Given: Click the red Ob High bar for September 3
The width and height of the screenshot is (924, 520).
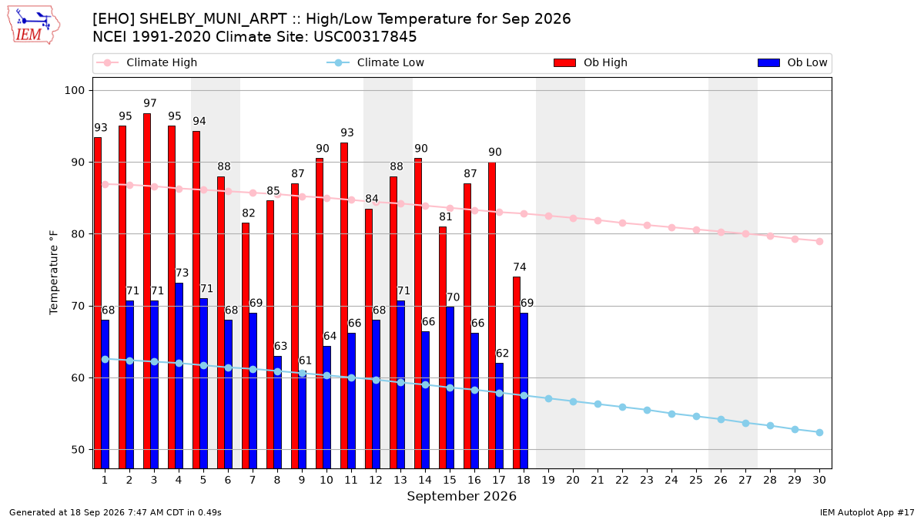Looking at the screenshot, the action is point(147,290).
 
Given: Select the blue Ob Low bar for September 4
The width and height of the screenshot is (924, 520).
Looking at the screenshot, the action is point(179,376).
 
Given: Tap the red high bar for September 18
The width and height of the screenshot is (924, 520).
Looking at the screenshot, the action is point(517,372).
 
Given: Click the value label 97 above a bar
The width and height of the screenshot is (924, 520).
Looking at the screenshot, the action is point(150,103).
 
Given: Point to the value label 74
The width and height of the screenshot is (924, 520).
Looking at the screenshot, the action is point(520,267).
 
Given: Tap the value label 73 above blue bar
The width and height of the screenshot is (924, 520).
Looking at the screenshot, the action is point(182,273).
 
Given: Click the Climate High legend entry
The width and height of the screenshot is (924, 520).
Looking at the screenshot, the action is point(147,62).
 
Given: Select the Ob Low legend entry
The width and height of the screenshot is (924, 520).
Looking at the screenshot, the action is point(792,62).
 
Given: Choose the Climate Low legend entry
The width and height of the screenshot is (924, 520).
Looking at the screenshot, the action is point(376,62).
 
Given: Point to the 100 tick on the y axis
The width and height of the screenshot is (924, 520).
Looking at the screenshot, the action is point(74,90).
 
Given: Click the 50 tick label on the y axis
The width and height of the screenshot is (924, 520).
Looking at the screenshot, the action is point(78,449).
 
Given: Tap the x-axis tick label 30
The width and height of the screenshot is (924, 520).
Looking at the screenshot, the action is point(819,480).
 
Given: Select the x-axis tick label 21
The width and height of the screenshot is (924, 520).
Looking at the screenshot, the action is point(598,480).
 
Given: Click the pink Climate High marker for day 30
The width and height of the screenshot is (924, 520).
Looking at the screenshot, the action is point(819,241).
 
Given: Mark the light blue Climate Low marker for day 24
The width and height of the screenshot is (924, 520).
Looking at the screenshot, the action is point(671,414).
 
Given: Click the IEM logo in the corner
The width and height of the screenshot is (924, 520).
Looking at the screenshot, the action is point(34,25).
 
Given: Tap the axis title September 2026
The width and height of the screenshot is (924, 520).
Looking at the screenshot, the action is point(461,496).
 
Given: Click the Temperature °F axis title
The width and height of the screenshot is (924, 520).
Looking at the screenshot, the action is point(54,273).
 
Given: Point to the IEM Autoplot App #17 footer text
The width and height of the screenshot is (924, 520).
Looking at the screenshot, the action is point(867,512).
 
